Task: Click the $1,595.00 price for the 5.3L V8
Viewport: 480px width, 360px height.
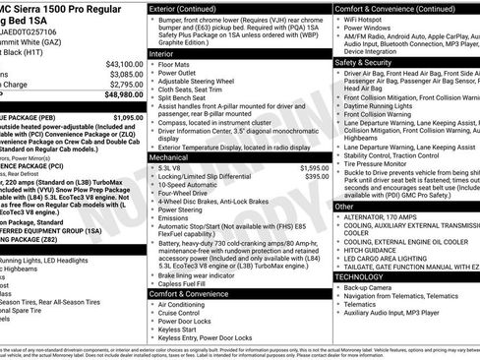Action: [x=309, y=168]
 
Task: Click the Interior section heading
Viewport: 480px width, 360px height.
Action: [x=164, y=55]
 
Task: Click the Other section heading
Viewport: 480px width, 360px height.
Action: [x=344, y=208]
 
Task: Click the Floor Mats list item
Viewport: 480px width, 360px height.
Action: [x=192, y=66]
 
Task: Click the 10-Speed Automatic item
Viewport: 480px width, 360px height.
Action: [x=208, y=184]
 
